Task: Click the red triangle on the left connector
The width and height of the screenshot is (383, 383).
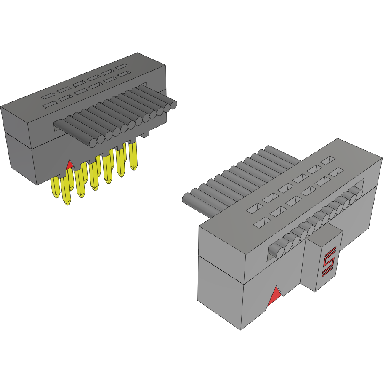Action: [x=70, y=165]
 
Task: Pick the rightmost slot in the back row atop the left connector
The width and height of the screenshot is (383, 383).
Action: [x=122, y=66]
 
